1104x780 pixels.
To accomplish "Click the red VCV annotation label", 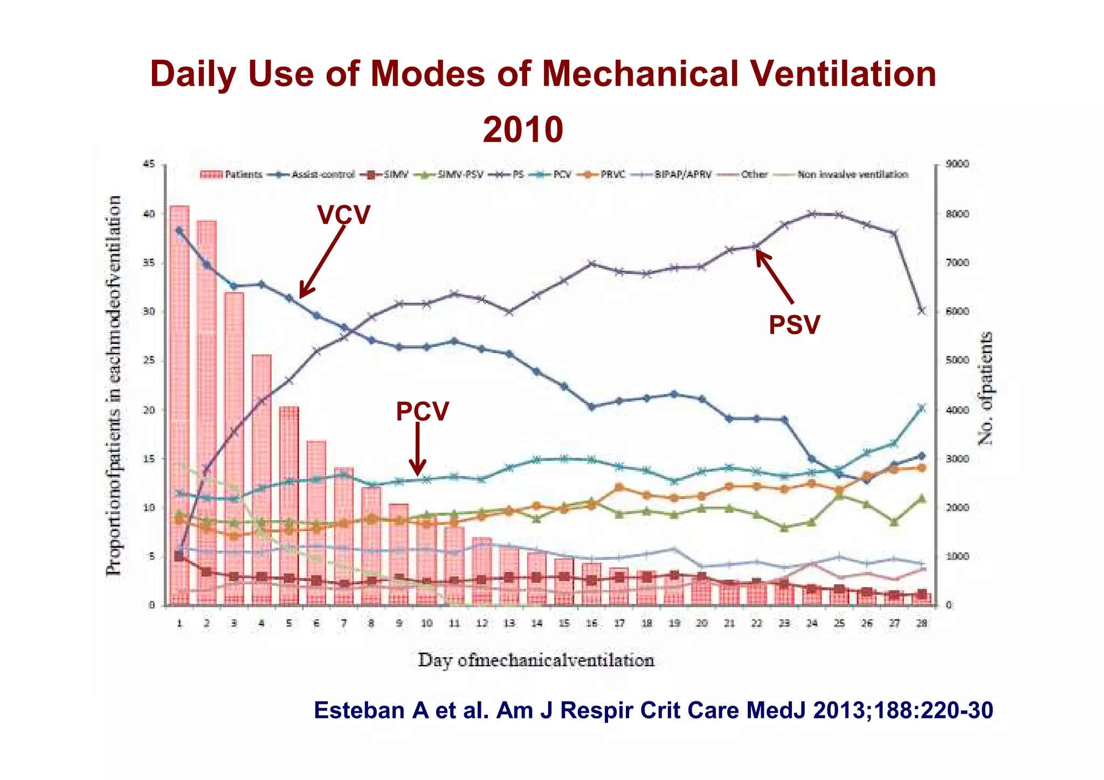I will [343, 215].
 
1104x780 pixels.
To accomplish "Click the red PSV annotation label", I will [794, 325].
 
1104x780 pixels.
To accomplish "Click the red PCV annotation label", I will [422, 412].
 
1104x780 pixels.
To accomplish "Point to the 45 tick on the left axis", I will [149, 164].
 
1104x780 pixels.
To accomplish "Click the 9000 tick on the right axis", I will [957, 164].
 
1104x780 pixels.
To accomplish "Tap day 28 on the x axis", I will [922, 624].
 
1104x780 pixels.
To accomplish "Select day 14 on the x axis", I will [536, 624].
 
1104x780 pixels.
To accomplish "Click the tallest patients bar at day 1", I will [180, 404].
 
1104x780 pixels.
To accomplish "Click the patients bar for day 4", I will [261, 480].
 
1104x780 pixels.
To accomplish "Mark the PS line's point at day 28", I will [922, 311].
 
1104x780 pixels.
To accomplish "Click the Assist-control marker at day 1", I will [180, 230].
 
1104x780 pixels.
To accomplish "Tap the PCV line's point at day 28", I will [922, 408].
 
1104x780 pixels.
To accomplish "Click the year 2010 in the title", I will [522, 130].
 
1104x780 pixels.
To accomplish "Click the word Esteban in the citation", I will [358, 710].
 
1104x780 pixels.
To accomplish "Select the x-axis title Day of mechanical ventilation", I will [536, 660].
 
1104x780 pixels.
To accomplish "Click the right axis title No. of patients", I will [985, 388].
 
